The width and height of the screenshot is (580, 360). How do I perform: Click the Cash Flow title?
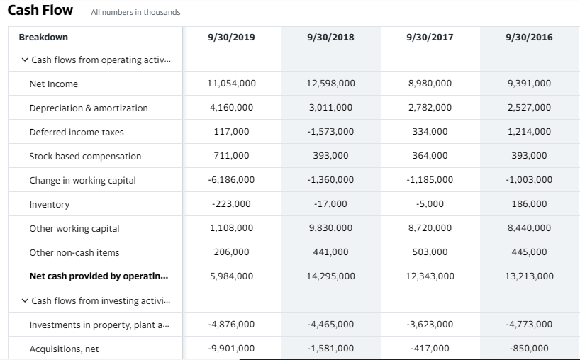click(40, 11)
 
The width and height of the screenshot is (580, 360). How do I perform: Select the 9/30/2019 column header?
click(232, 37)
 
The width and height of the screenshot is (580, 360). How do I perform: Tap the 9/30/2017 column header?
click(430, 37)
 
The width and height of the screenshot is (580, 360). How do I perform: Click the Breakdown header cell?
click(43, 37)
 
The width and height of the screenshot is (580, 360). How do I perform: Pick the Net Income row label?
click(54, 84)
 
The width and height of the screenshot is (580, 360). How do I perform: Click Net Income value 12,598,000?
click(331, 84)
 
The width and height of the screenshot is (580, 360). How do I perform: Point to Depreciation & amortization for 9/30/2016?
click(530, 108)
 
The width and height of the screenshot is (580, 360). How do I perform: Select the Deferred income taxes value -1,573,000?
click(331, 132)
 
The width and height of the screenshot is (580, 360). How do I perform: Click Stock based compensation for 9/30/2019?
click(232, 156)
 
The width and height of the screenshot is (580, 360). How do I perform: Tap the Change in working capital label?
click(82, 180)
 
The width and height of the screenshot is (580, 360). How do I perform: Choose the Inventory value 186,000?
click(530, 204)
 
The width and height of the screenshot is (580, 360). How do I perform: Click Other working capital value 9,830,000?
click(331, 228)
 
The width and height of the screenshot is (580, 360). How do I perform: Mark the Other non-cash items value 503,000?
click(430, 252)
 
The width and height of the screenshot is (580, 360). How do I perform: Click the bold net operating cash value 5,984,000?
click(232, 276)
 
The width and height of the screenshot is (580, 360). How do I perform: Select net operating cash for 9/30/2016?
click(530, 276)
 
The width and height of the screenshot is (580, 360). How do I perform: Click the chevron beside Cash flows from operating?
click(25, 60)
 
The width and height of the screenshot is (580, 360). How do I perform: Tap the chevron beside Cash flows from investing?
click(25, 300)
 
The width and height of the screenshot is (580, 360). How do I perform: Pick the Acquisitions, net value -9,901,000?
click(232, 349)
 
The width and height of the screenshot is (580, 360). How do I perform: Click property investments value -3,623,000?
click(430, 325)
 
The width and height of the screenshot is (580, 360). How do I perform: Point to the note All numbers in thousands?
click(135, 12)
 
